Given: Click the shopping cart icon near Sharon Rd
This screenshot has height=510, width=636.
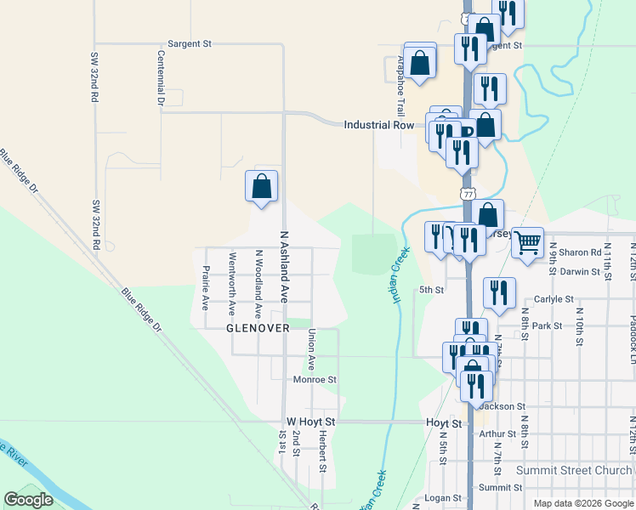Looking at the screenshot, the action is [527, 242].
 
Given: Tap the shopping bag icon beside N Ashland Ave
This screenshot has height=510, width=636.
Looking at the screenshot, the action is [261, 186].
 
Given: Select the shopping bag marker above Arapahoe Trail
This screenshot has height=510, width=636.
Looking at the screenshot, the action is [420, 63].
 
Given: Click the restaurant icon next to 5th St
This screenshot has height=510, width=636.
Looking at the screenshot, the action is [499, 292].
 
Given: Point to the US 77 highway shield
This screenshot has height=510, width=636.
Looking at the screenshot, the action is [468, 194].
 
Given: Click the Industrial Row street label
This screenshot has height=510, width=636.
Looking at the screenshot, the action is [378, 125].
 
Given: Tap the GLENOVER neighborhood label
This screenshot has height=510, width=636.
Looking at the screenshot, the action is [258, 327].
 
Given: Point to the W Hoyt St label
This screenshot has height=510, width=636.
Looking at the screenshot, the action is [311, 422].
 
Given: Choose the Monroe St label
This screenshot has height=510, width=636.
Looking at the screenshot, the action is [315, 380].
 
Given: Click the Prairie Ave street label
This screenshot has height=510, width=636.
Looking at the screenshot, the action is [205, 286].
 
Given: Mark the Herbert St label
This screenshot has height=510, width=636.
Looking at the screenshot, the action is [323, 450].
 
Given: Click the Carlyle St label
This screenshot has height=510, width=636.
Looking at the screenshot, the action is [554, 299].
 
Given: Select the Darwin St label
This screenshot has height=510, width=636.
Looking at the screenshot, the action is [557, 272].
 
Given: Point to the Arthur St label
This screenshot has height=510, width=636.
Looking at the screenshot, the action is [497, 433].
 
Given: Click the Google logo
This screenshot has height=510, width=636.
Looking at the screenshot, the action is [28, 500].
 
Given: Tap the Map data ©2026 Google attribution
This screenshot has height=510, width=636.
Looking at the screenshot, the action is [582, 503].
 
